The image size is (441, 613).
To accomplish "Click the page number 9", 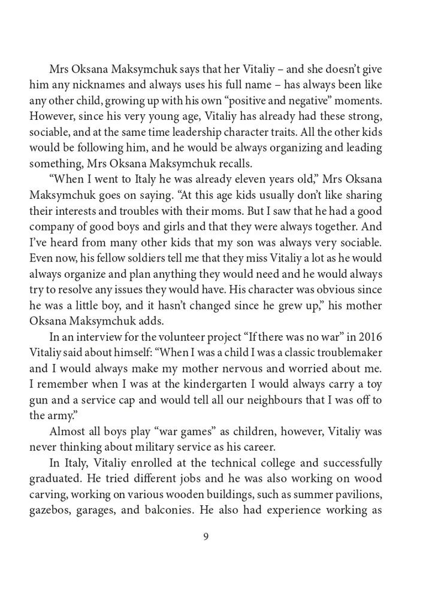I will pos(206,536).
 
